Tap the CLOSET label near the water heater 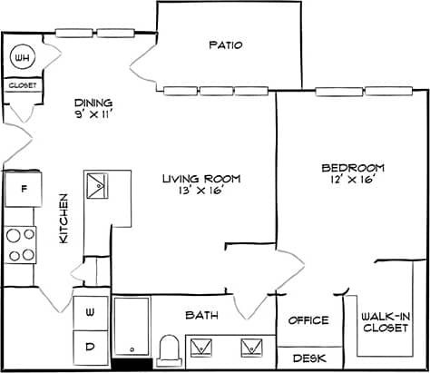[x=22, y=85]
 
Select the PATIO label [x=226, y=44]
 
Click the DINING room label [x=93, y=103]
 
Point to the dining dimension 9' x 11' [x=93, y=115]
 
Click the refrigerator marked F [x=21, y=191]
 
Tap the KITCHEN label [x=64, y=218]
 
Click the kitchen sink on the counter [x=96, y=188]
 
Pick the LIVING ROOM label [x=192, y=178]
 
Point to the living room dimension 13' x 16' [x=192, y=191]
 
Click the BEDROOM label [x=353, y=167]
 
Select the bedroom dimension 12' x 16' [x=353, y=180]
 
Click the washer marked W [x=91, y=312]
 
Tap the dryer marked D [x=91, y=346]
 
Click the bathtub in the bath [x=132, y=326]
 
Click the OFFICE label [x=308, y=320]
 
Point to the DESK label [x=308, y=358]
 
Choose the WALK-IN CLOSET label [x=385, y=321]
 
